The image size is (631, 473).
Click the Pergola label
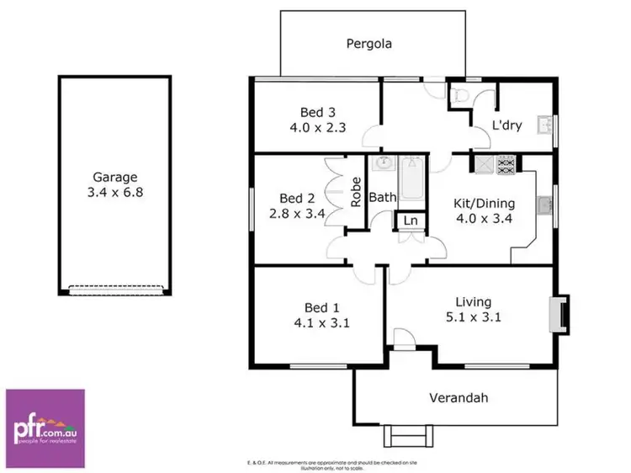tap(370, 43)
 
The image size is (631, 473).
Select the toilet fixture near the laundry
tap(459, 98)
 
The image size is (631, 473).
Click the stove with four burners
tap(508, 166)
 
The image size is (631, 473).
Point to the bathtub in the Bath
tap(411, 180)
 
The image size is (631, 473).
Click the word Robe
tap(357, 192)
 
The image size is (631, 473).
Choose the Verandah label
tap(459, 397)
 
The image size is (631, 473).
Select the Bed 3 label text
tap(318, 112)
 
